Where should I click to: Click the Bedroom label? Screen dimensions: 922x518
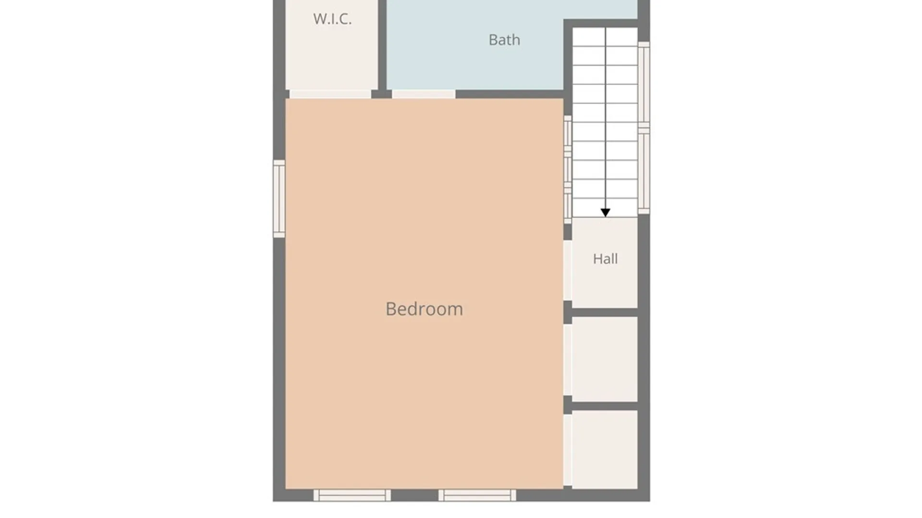tap(424, 309)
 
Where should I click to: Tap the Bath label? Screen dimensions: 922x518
tap(504, 40)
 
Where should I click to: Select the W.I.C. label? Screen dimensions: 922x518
tap(332, 19)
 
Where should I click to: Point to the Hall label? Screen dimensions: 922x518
tap(605, 259)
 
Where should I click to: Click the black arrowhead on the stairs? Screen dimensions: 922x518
tap(605, 212)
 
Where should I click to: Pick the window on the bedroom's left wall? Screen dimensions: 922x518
tap(279, 199)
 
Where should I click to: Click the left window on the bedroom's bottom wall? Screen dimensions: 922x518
tap(352, 495)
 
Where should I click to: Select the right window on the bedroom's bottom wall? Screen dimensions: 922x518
tap(477, 495)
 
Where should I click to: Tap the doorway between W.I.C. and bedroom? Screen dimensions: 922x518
tap(330, 94)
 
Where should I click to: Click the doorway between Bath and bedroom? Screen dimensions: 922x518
tap(424, 94)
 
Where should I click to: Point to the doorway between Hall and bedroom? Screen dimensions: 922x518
tap(568, 271)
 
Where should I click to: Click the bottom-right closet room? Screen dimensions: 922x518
tap(605, 449)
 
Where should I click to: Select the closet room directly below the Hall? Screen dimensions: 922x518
tap(605, 359)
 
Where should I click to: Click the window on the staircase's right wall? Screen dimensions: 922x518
tap(644, 128)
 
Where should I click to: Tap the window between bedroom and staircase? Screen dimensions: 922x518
tap(568, 169)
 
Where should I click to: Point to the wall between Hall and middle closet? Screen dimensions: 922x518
tap(605, 313)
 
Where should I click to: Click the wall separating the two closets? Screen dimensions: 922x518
tap(605, 406)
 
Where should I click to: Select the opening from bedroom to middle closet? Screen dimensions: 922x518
tap(568, 360)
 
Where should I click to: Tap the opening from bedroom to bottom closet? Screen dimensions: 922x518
tap(568, 450)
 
